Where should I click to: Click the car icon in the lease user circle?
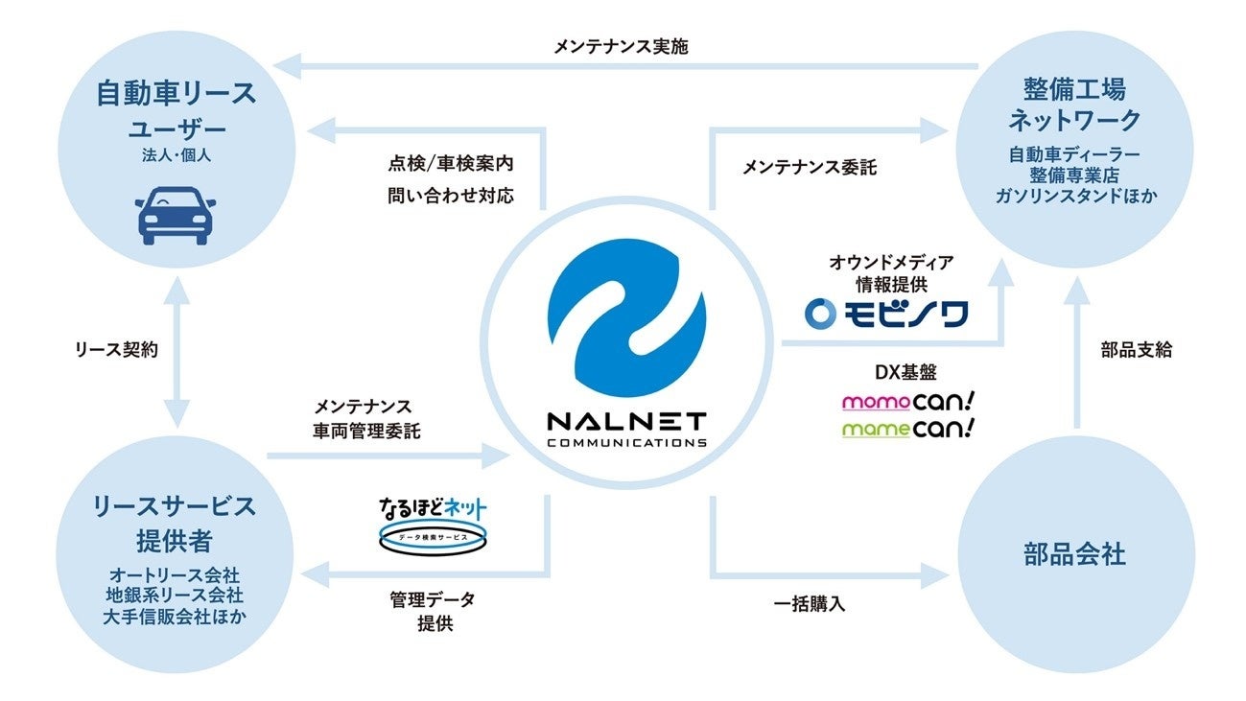pyautogui.click(x=176, y=215)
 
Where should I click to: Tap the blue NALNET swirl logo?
pyautogui.click(x=627, y=318)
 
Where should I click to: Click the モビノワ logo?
pyautogui.click(x=886, y=315)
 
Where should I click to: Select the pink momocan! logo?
pyautogui.click(x=908, y=401)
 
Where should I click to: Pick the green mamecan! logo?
pyautogui.click(x=908, y=429)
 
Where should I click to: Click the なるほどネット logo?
pyautogui.click(x=433, y=526)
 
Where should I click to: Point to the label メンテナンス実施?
pyautogui.click(x=621, y=47)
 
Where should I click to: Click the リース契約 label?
pyautogui.click(x=117, y=350)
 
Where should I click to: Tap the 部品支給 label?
pyautogui.click(x=1137, y=350)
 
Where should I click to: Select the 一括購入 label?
pyautogui.click(x=810, y=604)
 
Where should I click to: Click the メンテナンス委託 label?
pyautogui.click(x=810, y=167)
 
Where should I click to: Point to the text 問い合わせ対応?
pyautogui.click(x=451, y=196)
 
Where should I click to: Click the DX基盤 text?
pyautogui.click(x=906, y=372)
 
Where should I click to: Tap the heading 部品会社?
pyautogui.click(x=1074, y=554)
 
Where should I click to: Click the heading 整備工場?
pyautogui.click(x=1074, y=89)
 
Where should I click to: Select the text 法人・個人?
pyautogui.click(x=176, y=155)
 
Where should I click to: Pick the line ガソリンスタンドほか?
pyautogui.click(x=1076, y=196)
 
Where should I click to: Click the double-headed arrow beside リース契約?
pyautogui.click(x=176, y=353)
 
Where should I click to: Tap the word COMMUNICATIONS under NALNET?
pyautogui.click(x=627, y=443)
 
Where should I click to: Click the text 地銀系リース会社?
pyautogui.click(x=175, y=596)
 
